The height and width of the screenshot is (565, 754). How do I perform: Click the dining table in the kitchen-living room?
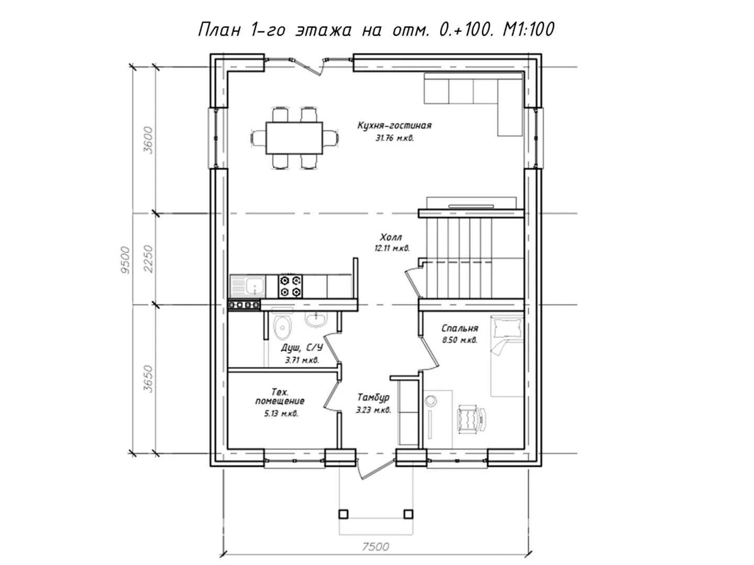click(x=294, y=138)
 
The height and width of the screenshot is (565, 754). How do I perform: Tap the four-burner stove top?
click(x=290, y=286)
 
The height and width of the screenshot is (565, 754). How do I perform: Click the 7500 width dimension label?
click(x=375, y=547)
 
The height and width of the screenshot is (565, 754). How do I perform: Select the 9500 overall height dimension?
click(x=125, y=259)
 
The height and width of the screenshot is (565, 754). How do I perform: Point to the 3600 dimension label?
click(x=148, y=140)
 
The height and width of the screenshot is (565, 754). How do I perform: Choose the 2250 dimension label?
click(x=148, y=258)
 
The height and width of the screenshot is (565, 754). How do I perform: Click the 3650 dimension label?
click(x=148, y=379)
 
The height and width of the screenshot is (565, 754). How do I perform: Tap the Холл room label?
click(x=391, y=237)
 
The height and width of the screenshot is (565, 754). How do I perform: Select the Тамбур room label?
click(x=373, y=397)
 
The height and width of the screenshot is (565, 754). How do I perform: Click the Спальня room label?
click(x=460, y=329)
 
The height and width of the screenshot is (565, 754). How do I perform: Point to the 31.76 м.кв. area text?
click(x=395, y=138)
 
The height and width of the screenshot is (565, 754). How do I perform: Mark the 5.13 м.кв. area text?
click(x=281, y=414)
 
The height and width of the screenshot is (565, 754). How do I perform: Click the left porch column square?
click(x=343, y=514)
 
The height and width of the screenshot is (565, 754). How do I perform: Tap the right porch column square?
click(x=408, y=514)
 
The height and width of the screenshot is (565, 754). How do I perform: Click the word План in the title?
click(x=219, y=29)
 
